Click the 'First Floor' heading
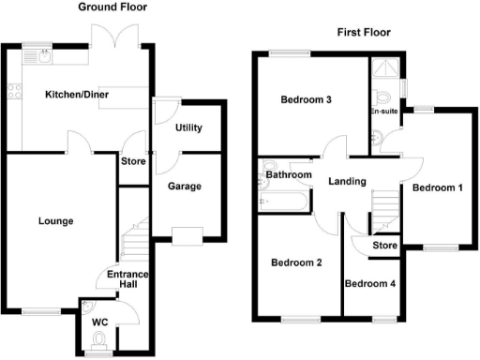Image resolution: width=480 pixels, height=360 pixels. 364,33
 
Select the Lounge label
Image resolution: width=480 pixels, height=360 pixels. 55,221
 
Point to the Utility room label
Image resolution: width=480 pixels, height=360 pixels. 188,128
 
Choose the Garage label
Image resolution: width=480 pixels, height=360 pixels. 185,187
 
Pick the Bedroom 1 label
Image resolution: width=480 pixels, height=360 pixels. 438,187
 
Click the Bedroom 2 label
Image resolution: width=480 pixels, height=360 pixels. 296,262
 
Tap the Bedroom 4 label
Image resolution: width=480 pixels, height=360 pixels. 369,283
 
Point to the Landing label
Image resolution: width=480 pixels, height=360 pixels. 347,182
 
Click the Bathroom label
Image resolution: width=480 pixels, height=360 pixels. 288,174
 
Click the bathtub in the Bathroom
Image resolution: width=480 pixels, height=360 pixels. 292,199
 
